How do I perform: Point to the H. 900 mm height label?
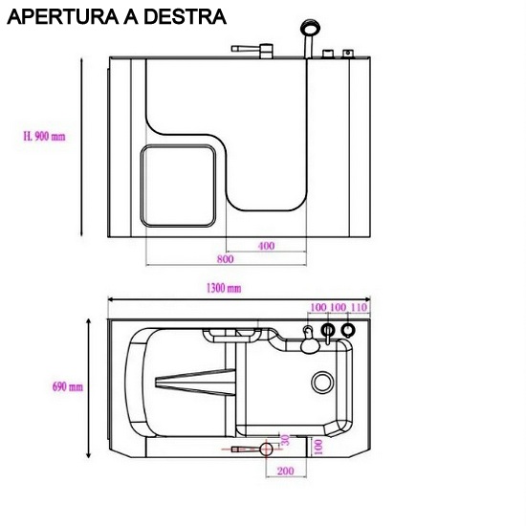pyautogui.click(x=44, y=137)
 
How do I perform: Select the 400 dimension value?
pyautogui.click(x=266, y=246)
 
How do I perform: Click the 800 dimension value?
pyautogui.click(x=225, y=259)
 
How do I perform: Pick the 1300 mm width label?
pyautogui.click(x=223, y=288)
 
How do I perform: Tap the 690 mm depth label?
pyautogui.click(x=68, y=387)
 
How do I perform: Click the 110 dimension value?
pyautogui.click(x=360, y=307)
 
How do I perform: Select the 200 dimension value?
pyautogui.click(x=284, y=471)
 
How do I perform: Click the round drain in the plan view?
pyautogui.click(x=321, y=383)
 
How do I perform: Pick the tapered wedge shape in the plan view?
pyautogui.click(x=192, y=384)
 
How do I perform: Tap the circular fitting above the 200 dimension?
pyautogui.click(x=267, y=449)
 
